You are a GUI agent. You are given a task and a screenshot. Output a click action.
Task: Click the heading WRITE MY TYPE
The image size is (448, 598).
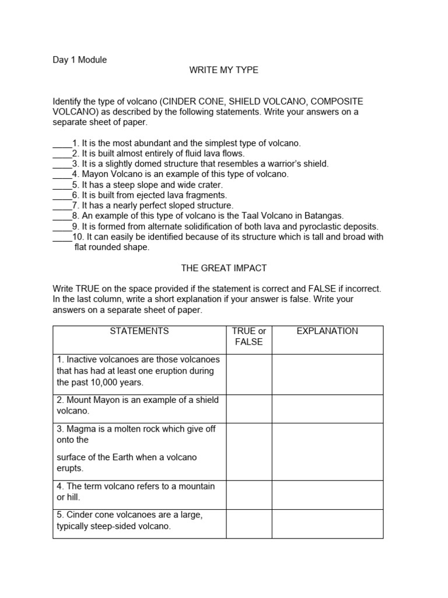coord(223,70)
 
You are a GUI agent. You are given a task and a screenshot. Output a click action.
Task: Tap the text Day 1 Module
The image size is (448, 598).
coord(80,60)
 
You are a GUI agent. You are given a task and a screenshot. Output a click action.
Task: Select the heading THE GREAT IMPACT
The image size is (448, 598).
coord(223,268)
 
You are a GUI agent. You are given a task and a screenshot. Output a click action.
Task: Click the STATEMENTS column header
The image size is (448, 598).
coord(139,331)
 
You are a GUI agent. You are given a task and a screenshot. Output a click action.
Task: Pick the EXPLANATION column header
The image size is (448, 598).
coord(327,331)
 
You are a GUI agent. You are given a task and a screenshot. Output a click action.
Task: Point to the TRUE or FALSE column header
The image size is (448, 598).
coord(249,336)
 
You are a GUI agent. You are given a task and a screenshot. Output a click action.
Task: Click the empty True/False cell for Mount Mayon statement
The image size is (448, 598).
coord(249,409)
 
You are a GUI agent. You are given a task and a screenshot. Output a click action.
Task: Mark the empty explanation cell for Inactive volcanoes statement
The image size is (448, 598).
coord(327,374)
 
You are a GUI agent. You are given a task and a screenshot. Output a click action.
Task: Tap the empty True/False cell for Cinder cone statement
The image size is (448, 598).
coord(249,523)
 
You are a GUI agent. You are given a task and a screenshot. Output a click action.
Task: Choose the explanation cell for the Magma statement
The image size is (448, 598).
coord(327,451)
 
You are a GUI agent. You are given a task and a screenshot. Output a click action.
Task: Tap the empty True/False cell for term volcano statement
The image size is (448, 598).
coord(249,494)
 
